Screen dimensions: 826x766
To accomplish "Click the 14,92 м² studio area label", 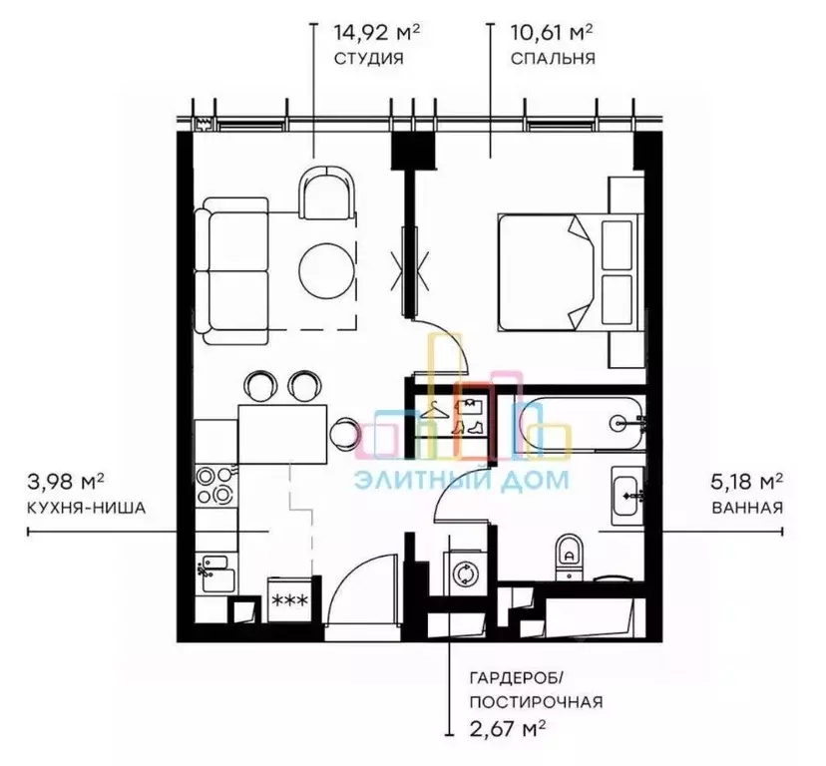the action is point(377,32).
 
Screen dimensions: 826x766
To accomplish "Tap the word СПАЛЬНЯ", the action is point(553,59).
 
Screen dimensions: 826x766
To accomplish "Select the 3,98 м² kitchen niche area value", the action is point(65,481).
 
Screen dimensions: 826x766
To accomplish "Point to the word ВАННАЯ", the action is point(747,508).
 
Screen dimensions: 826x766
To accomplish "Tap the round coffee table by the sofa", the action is point(326,270).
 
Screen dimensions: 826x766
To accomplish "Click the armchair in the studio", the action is point(326,192).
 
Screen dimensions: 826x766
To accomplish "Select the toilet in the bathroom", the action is point(570,558).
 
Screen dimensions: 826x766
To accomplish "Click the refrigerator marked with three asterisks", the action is point(289,600).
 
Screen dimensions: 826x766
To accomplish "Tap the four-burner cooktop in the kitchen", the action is point(216,485).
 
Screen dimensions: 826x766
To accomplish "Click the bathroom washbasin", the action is point(627,496).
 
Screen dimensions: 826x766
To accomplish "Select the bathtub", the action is point(581,424).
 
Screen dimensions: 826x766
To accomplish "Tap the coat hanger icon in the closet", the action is point(435,410).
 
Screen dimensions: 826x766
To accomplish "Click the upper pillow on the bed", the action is point(617,245).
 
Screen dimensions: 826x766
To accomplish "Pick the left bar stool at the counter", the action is point(260,386).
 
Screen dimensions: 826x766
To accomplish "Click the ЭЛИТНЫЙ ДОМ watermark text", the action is point(462,481).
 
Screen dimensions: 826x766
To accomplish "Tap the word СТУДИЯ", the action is point(369,59).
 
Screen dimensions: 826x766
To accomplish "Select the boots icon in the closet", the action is point(468,427).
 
